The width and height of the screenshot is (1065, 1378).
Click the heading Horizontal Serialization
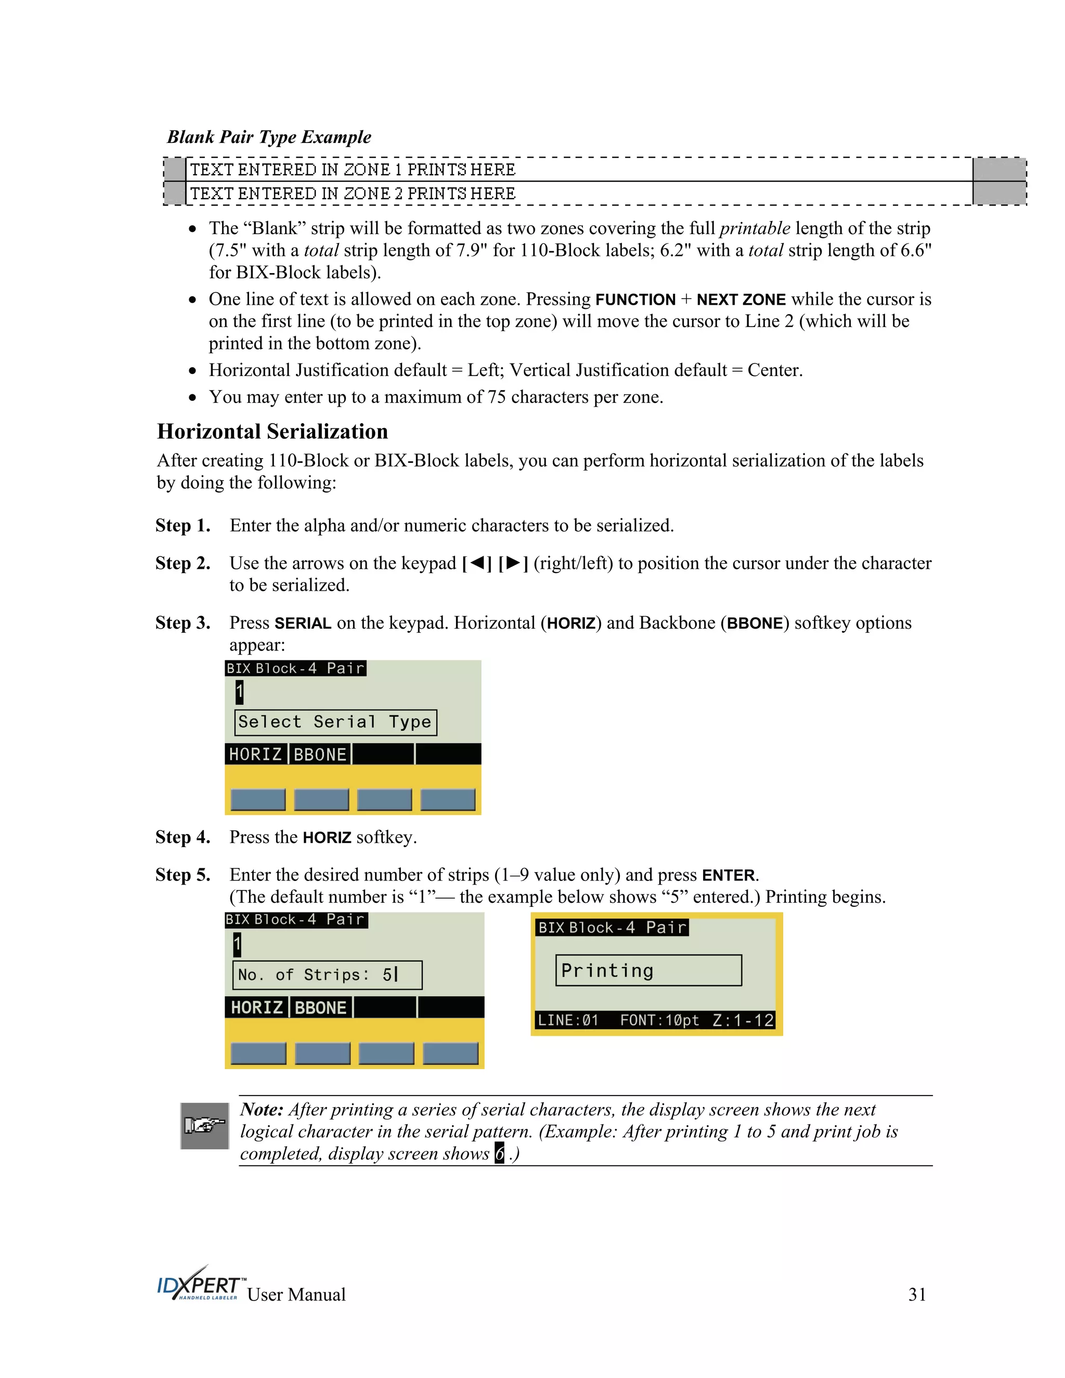(272, 432)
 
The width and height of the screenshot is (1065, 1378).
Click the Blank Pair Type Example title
(269, 137)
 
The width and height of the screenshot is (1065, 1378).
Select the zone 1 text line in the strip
(353, 170)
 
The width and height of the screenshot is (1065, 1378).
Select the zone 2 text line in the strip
(353, 194)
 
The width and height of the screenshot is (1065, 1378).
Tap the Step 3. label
(183, 623)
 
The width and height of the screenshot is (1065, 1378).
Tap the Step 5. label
(183, 875)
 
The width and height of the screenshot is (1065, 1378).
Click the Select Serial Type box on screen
(335, 722)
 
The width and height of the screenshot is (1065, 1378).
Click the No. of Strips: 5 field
(327, 975)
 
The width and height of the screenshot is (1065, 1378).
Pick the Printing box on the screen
(648, 970)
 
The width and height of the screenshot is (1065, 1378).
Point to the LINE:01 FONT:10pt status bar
(655, 1020)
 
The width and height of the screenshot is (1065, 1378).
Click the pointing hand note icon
(204, 1126)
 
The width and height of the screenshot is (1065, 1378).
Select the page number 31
(917, 1295)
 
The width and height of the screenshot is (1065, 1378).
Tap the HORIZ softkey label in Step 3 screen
(255, 755)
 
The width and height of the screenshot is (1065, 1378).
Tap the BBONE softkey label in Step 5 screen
(320, 1008)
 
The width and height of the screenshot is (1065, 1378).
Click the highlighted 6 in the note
(499, 1154)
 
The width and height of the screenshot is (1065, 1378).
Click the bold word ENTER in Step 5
(728, 875)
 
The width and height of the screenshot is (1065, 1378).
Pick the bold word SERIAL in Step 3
(303, 623)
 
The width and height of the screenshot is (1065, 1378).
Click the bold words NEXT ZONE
(741, 300)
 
